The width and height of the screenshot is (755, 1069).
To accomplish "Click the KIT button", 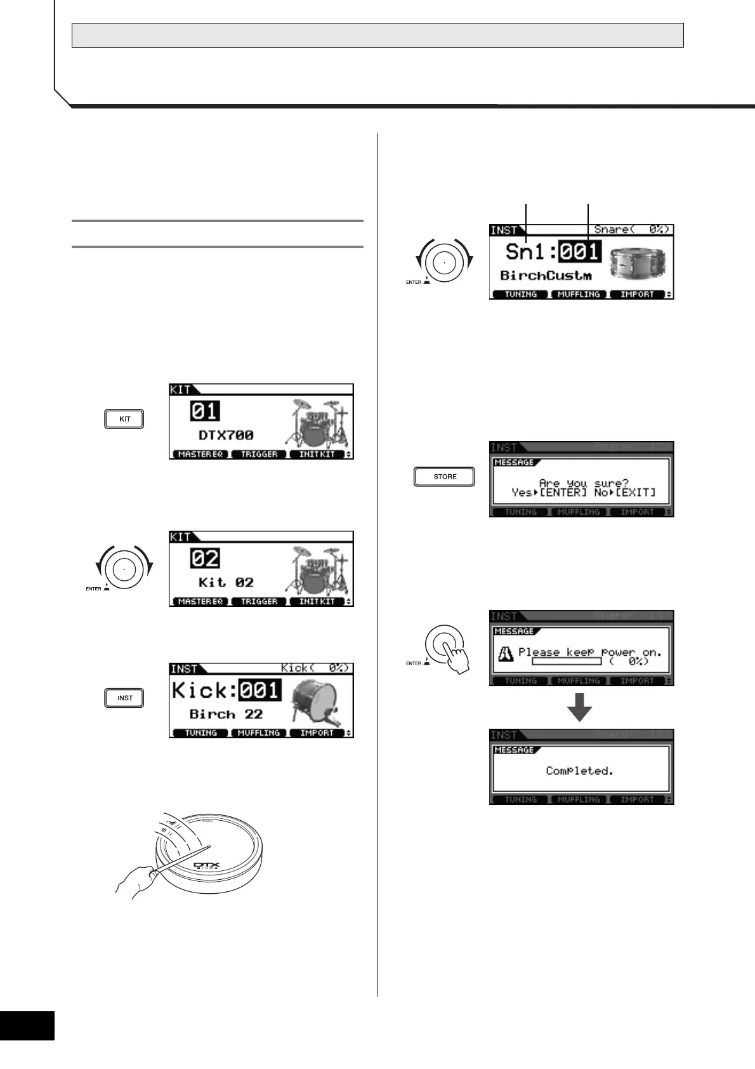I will pyautogui.click(x=125, y=419).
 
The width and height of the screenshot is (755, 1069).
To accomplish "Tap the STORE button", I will pyautogui.click(x=444, y=477).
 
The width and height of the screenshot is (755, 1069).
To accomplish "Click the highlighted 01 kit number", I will pyautogui.click(x=204, y=411).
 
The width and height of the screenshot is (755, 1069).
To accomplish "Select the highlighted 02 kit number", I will pyautogui.click(x=204, y=559).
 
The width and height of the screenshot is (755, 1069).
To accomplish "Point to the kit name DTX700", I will pyautogui.click(x=226, y=435).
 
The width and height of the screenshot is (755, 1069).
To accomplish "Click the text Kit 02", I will pyautogui.click(x=226, y=583).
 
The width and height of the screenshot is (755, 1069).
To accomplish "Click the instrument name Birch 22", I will pyautogui.click(x=226, y=714).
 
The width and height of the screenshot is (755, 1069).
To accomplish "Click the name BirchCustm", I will pyautogui.click(x=546, y=276).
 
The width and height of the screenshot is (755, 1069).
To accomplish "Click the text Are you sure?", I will pyautogui.click(x=583, y=483).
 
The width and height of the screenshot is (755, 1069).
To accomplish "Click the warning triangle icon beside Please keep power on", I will pyautogui.click(x=505, y=655).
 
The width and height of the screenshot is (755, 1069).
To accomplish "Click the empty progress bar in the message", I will pyautogui.click(x=567, y=661).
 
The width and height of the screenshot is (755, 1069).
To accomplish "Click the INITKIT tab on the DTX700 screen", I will pyautogui.click(x=317, y=455).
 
